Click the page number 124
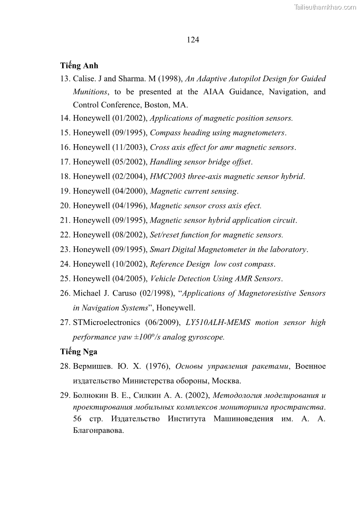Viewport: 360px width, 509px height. coord(193,40)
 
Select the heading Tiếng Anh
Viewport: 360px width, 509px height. coord(79,66)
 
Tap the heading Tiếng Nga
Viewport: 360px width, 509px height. coord(79,352)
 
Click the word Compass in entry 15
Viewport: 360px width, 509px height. coord(165,133)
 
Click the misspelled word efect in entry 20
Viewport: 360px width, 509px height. coord(252,206)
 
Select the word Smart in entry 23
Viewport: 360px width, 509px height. coord(160,249)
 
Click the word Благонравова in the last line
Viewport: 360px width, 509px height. coord(98,431)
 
